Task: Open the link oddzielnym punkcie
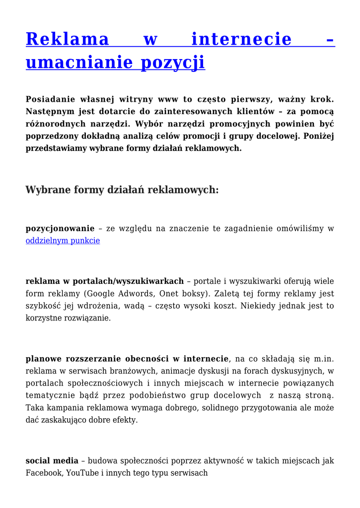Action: (63, 241)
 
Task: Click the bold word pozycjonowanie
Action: (60, 229)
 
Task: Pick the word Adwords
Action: (147, 293)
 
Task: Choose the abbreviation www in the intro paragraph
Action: (169, 99)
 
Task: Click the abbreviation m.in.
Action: (323, 359)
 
